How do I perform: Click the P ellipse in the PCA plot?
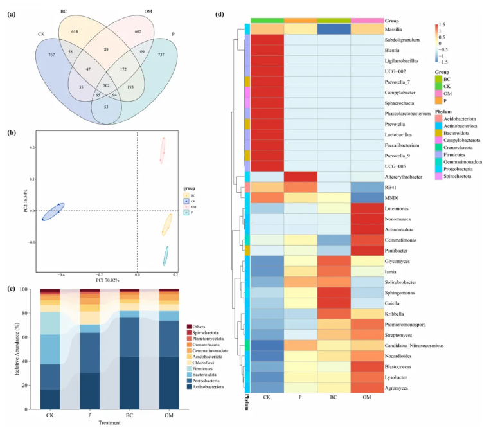[166, 255]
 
